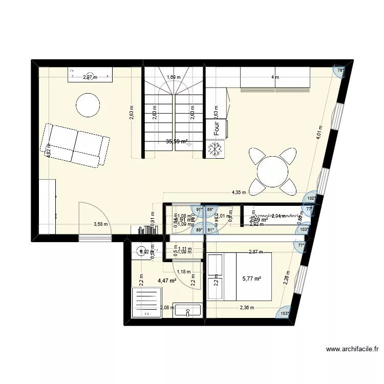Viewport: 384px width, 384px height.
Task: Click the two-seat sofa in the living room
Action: [x=75, y=145]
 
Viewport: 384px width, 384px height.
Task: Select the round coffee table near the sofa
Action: [x=88, y=105]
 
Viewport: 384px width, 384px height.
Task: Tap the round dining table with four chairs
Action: [x=273, y=171]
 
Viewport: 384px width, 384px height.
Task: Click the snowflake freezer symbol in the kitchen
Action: [x=214, y=149]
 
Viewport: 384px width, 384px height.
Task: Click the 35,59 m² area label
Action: [x=176, y=141]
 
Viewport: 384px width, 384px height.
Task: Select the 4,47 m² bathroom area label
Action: [x=167, y=281]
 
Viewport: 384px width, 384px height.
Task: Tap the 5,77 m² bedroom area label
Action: [x=251, y=279]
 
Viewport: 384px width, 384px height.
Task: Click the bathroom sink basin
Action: [x=188, y=310]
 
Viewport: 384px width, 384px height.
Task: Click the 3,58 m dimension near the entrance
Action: [x=100, y=224]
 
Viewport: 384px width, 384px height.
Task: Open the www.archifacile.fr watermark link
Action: [x=352, y=350]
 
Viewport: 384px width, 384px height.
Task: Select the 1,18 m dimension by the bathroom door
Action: [x=183, y=272]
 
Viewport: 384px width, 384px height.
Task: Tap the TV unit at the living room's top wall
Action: [x=90, y=75]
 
